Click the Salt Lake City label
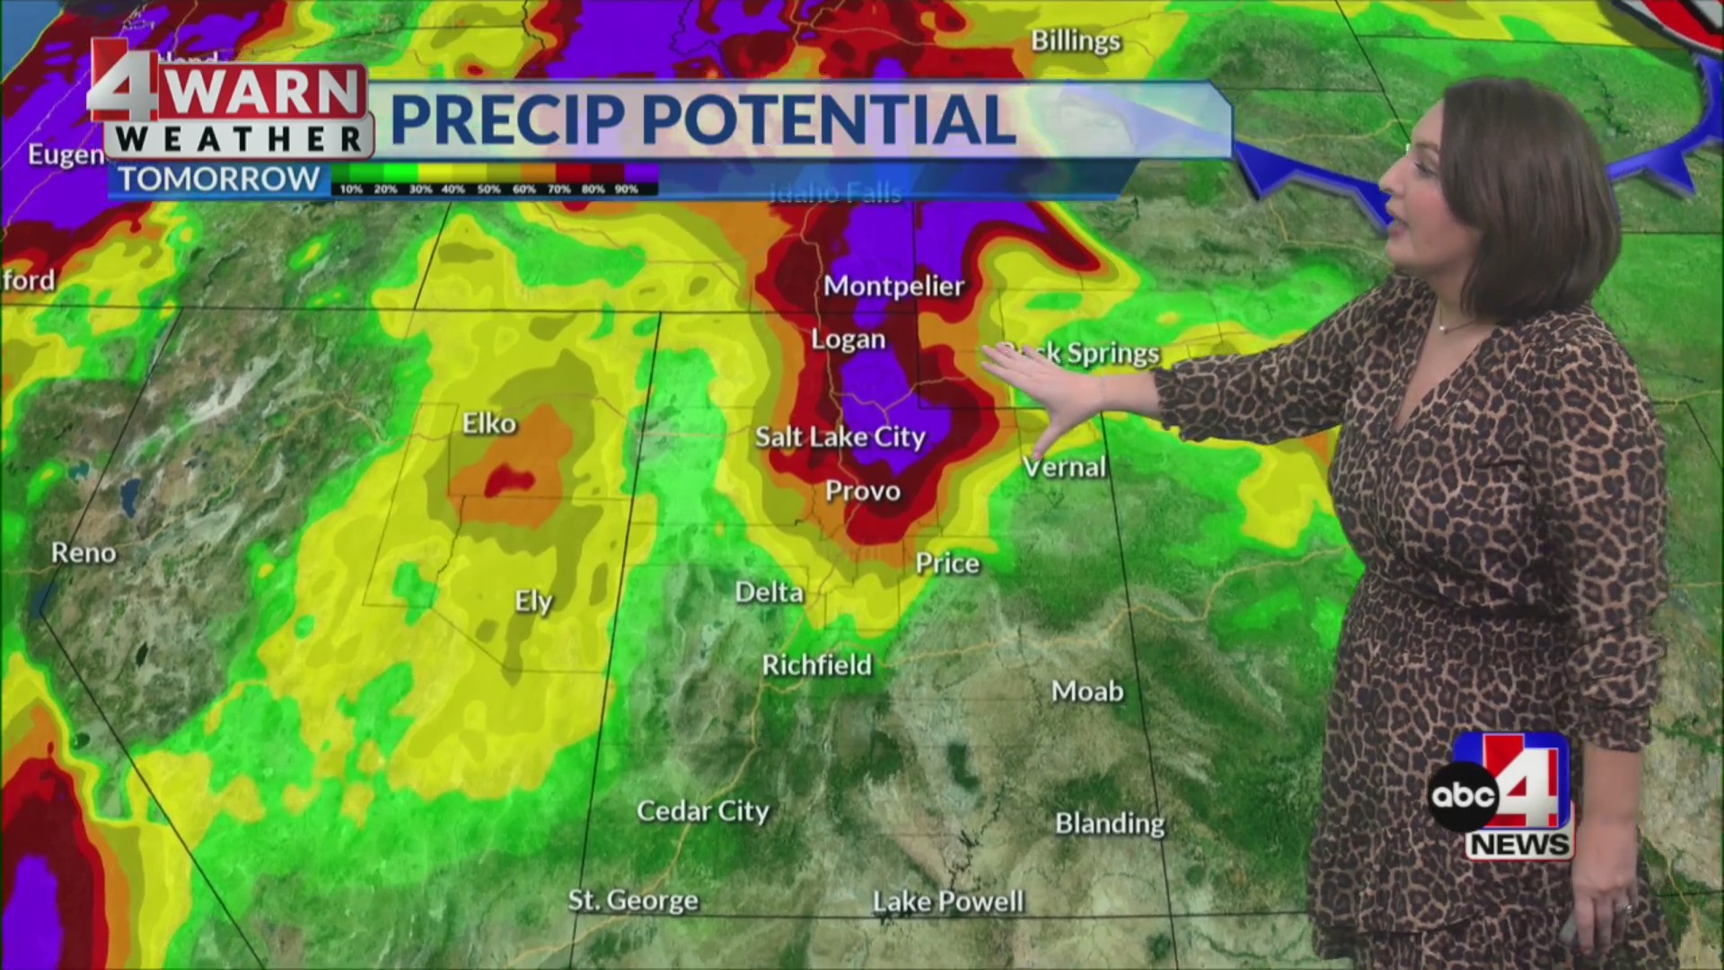840,437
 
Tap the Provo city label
862,491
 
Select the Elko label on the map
489,423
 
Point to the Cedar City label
703,811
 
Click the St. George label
633,900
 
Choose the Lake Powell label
948,902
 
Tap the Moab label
1087,692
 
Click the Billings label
1076,41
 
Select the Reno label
84,552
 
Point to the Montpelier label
893,287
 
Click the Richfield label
816,666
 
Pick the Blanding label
1110,824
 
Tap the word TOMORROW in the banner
219,180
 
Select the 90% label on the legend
626,190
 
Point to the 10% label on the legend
351,190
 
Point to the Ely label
533,602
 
